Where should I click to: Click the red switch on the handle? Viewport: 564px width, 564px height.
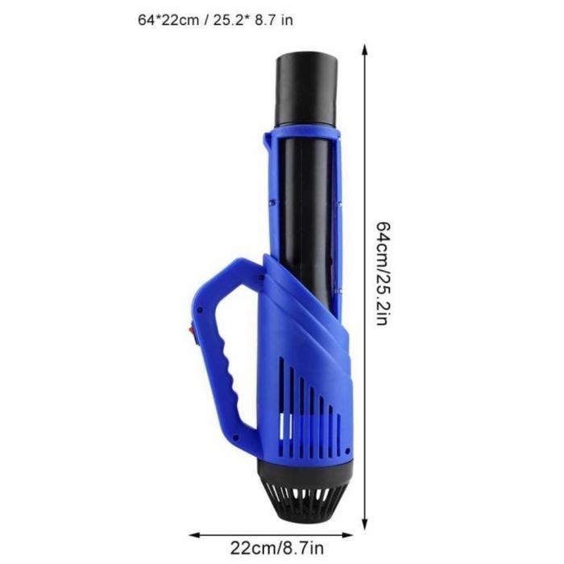tap(191, 328)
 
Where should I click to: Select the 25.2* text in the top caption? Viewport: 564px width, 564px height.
tap(230, 19)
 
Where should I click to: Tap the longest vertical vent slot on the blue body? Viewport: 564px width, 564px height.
tap(281, 395)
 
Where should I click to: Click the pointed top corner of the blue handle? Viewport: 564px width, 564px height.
tap(241, 260)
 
